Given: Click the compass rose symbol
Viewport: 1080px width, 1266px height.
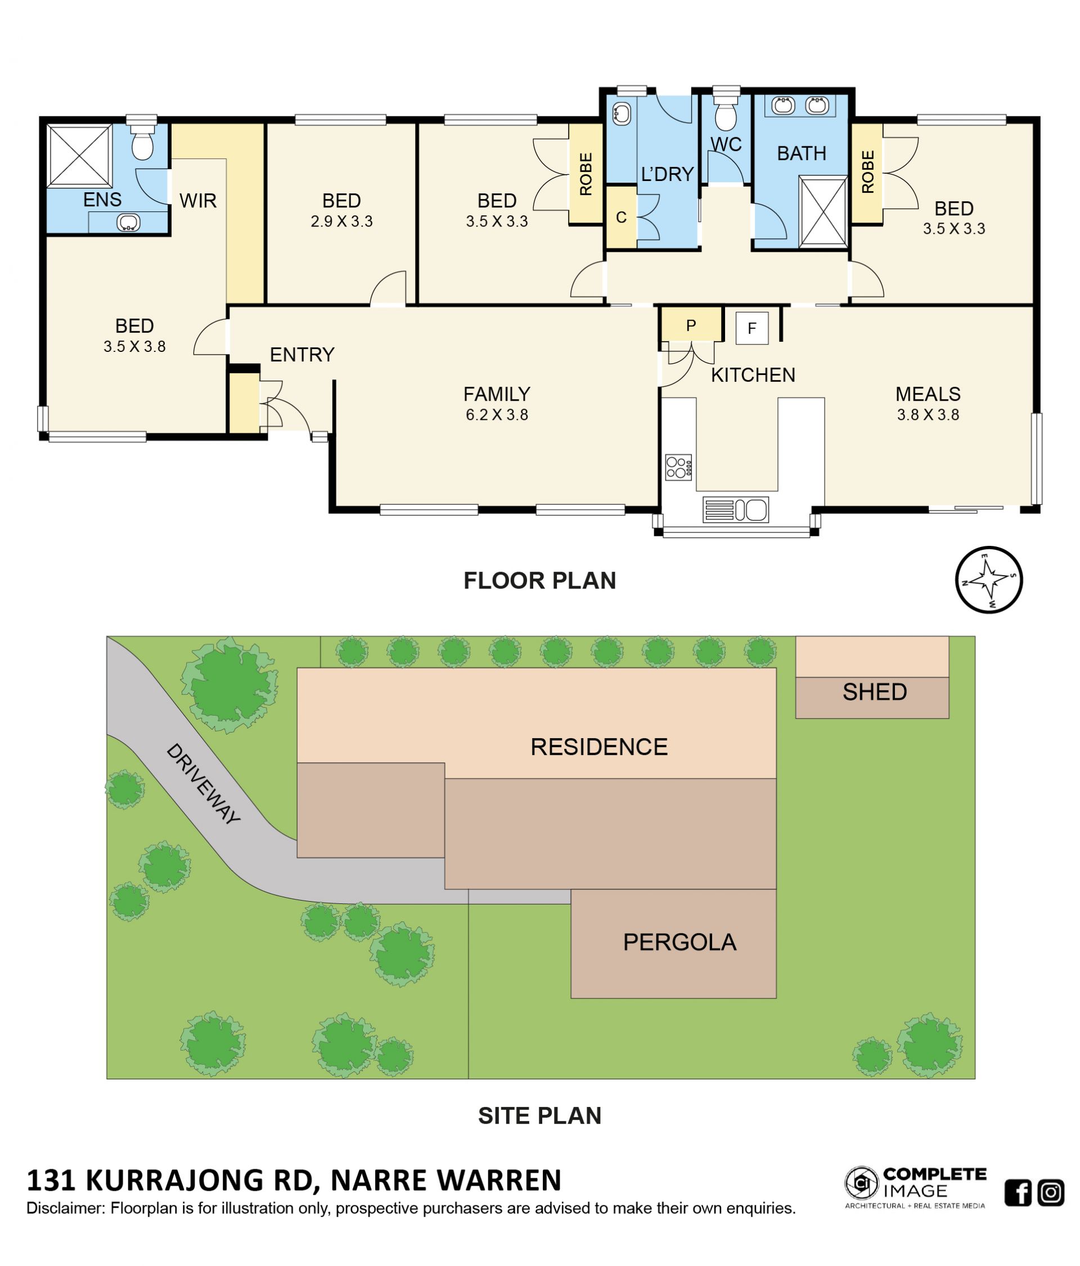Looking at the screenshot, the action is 988,579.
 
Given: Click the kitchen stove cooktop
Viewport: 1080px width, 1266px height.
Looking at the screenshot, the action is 678,467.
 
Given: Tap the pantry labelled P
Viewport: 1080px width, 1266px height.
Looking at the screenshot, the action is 691,325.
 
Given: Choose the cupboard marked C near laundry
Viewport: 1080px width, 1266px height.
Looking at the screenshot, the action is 621,217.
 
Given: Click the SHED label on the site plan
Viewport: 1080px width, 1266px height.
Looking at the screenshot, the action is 874,691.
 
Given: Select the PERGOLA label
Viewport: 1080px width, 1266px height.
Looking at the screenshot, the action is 679,942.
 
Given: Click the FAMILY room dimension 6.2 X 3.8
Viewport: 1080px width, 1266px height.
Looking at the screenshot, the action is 497,415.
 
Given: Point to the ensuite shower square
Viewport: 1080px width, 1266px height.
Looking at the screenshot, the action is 79,155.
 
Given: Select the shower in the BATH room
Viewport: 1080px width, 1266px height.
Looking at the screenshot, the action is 823,211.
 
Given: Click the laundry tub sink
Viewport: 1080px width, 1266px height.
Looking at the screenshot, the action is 621,114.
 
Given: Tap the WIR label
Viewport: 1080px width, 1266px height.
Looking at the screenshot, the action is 198,200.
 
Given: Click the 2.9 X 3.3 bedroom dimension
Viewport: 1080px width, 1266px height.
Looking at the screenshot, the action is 341,221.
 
